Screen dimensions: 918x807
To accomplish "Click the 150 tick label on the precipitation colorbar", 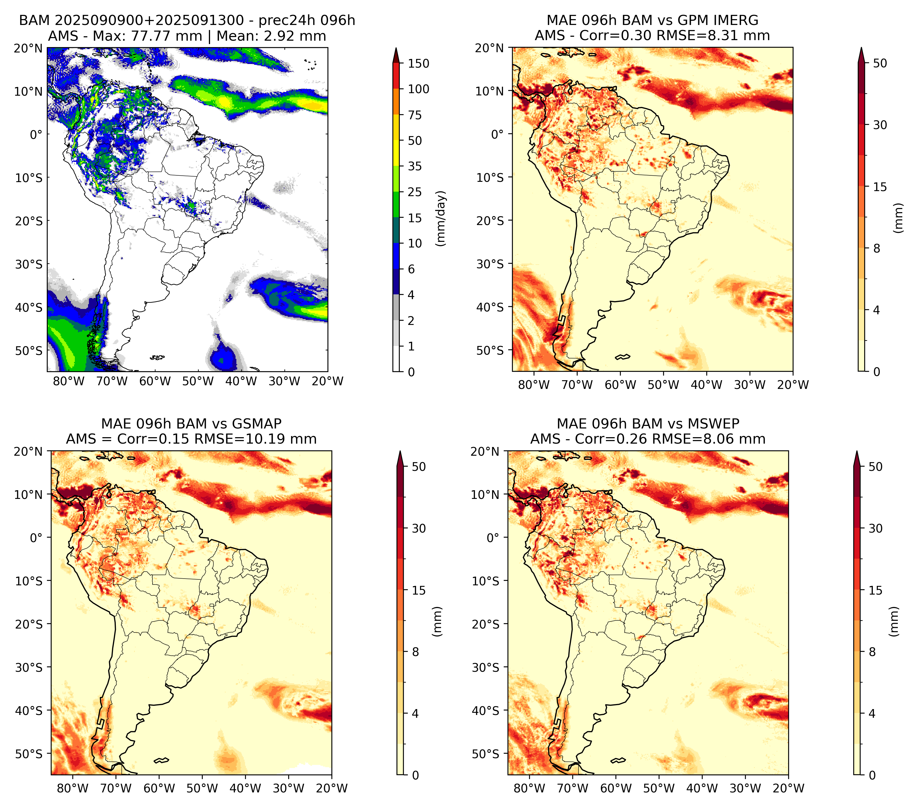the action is coord(418,63).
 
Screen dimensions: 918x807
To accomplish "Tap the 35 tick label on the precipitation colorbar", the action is coord(414,166).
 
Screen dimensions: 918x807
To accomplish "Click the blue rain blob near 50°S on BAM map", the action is coord(223,355).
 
